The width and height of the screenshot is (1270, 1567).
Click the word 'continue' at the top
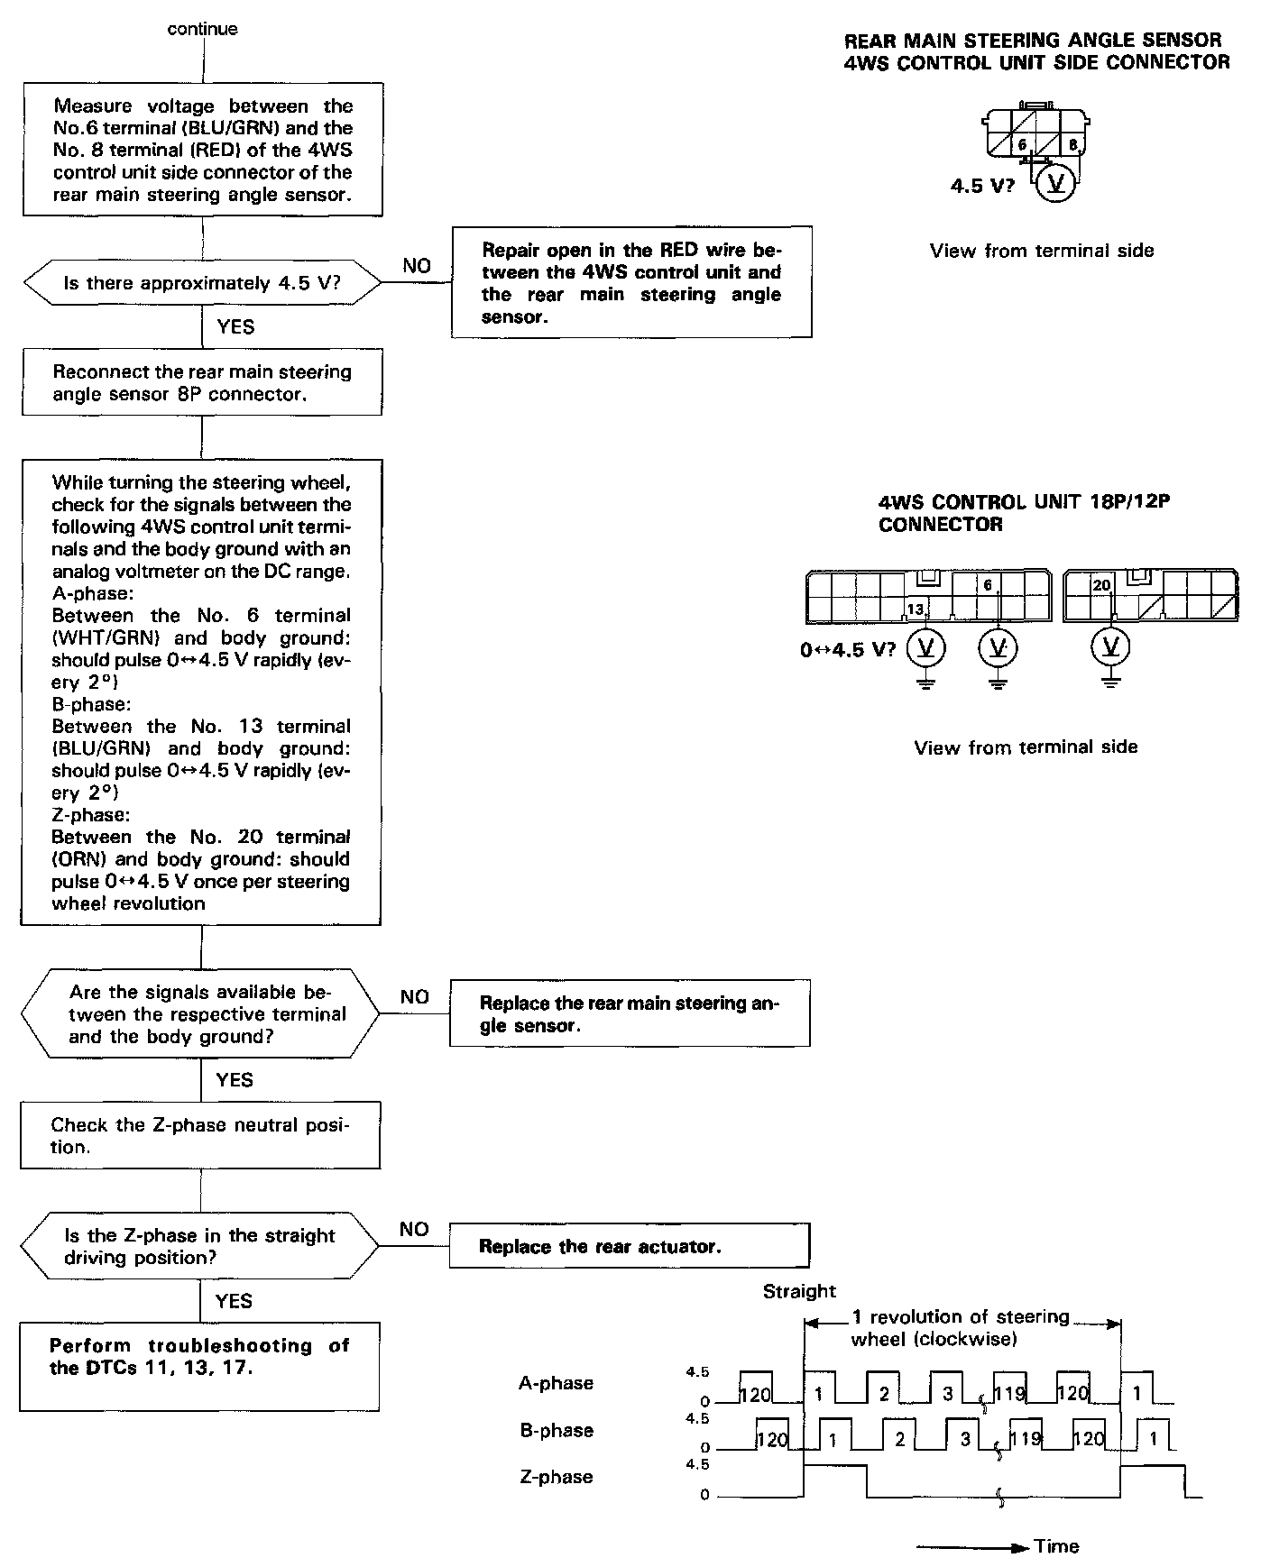click(x=202, y=29)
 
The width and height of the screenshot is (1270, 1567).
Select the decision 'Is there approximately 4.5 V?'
click(x=202, y=283)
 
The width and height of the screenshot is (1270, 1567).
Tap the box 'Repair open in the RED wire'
click(x=631, y=282)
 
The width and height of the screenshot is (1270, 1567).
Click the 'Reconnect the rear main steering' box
click(x=202, y=382)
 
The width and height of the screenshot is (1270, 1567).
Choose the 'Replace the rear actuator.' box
click(x=630, y=1246)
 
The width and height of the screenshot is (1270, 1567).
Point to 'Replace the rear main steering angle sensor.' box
click(x=630, y=1013)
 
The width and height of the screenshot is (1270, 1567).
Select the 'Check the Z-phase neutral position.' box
click(x=200, y=1135)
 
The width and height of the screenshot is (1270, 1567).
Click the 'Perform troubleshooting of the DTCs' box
click(x=199, y=1366)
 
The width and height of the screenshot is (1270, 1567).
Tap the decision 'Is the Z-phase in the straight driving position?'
click(x=200, y=1246)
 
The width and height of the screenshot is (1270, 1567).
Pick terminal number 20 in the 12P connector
click(x=1101, y=585)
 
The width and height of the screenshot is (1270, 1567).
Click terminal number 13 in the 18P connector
click(x=915, y=609)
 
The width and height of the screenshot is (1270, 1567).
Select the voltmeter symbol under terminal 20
click(x=1110, y=646)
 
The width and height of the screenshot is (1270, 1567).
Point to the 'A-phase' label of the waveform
click(x=556, y=1383)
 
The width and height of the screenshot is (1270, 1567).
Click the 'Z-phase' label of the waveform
click(x=556, y=1477)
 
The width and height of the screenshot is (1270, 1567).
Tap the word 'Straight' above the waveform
click(x=799, y=1291)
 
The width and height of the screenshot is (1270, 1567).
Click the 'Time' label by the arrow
click(x=1057, y=1546)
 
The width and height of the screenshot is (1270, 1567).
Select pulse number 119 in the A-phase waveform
click(x=1009, y=1394)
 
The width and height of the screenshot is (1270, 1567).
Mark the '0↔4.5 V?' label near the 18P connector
click(x=848, y=649)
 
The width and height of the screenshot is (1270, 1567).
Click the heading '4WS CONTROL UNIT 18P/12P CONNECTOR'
click(x=1024, y=513)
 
